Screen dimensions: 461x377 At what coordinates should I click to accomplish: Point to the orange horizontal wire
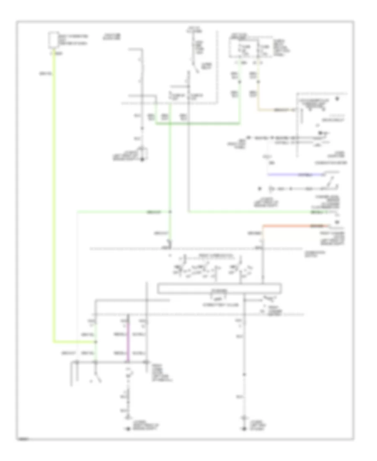coord(293,225)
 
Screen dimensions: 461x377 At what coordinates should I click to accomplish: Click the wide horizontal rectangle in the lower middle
coord(219,288)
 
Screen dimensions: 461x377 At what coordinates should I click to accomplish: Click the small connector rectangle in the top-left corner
coord(53,39)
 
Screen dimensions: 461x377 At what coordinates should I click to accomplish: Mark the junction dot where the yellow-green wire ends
coord(96,342)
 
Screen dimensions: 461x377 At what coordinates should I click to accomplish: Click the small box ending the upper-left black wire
coord(144,153)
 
